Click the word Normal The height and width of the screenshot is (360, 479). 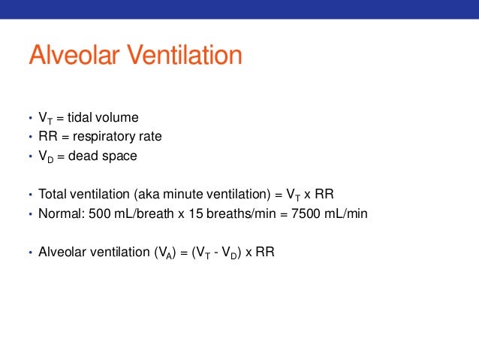point(59,213)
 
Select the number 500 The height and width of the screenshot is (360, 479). point(98,213)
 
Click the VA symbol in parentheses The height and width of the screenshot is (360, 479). point(161,253)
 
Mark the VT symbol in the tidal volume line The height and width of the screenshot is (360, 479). point(44,118)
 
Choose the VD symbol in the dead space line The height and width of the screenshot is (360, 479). point(44,157)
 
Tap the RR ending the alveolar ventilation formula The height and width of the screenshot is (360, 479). point(265,252)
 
